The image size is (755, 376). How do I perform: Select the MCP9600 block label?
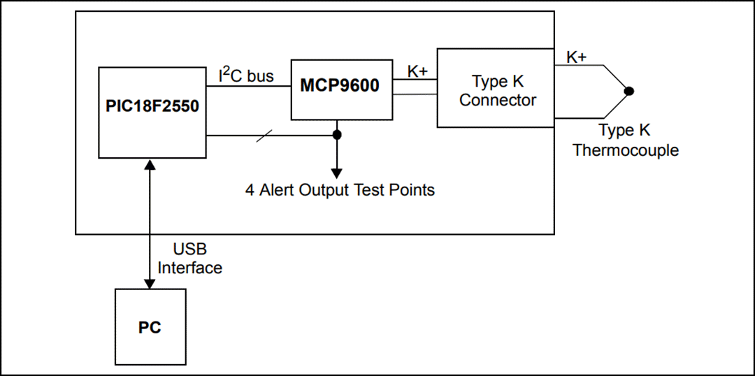[x=340, y=86]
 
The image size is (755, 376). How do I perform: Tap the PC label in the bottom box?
[x=150, y=327]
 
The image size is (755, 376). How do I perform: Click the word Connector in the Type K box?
[x=498, y=100]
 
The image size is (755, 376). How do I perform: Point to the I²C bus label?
[x=246, y=75]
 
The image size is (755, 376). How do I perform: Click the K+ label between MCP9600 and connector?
[x=417, y=71]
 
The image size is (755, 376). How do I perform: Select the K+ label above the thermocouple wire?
[x=576, y=57]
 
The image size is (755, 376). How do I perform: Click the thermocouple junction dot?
[x=629, y=91]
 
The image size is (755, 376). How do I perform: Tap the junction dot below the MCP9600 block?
[x=337, y=135]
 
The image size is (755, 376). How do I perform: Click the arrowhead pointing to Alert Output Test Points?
[x=337, y=173]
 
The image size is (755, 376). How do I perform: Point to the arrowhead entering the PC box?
[x=149, y=282]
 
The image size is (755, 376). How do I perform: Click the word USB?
[x=190, y=250]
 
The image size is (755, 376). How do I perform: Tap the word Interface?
[x=190, y=268]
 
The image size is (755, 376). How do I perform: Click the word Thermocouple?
[x=626, y=150]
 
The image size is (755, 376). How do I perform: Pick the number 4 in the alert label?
[x=250, y=190]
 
